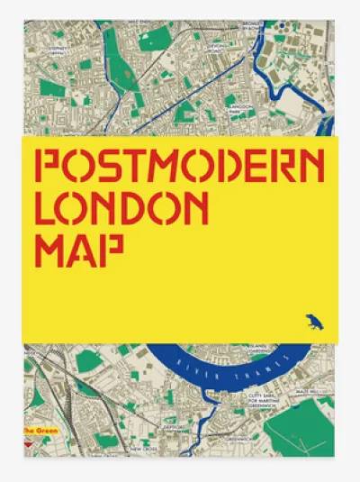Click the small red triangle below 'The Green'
click(29, 441)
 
